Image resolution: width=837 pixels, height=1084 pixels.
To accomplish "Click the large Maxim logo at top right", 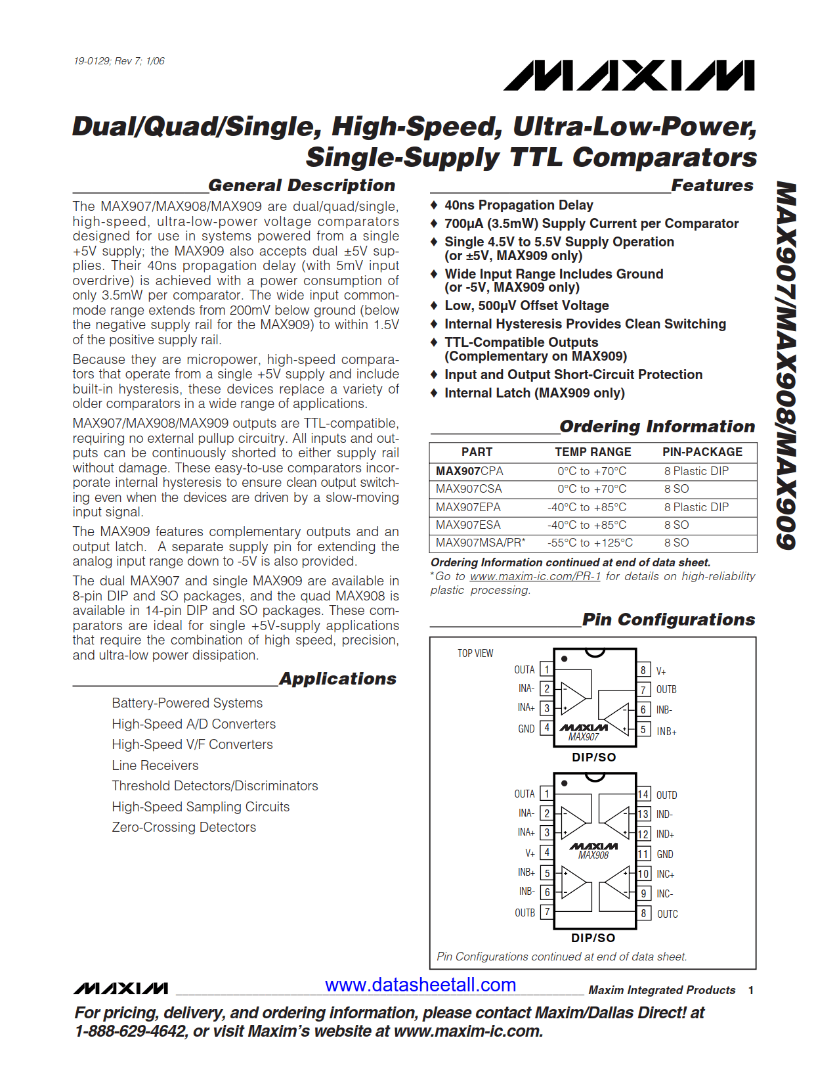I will [x=629, y=76].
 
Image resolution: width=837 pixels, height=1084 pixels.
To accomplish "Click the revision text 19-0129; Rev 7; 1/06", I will [x=119, y=61].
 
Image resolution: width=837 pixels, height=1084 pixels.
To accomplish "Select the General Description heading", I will [x=301, y=185].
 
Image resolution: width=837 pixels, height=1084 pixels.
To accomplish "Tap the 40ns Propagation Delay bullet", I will [x=518, y=205].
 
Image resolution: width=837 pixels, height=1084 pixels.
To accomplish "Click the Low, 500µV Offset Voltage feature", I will [x=526, y=305].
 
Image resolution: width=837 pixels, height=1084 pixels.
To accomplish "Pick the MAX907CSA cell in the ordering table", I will [x=469, y=489].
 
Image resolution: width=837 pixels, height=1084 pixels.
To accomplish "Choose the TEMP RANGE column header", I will [x=593, y=452].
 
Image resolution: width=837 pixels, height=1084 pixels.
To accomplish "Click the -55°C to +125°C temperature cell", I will [x=590, y=543].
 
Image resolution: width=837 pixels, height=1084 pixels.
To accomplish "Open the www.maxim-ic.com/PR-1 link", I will [x=535, y=576].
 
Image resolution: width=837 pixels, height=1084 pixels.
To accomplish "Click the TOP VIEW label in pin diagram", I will [x=475, y=653].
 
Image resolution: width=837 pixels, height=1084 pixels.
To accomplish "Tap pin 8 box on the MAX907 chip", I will [x=643, y=670].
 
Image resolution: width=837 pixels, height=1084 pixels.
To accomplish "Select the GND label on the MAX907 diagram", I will [x=526, y=729].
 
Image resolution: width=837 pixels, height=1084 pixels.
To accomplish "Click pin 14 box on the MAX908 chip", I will [x=643, y=794].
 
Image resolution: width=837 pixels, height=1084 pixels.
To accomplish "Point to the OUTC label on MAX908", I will [x=667, y=914].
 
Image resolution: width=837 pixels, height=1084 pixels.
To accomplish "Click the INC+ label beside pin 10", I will [x=665, y=874].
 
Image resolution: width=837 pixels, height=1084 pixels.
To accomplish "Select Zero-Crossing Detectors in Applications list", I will [x=184, y=827].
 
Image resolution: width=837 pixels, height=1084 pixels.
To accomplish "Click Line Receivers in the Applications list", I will [x=155, y=765].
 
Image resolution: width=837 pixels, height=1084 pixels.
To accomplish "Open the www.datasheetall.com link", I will [x=420, y=985].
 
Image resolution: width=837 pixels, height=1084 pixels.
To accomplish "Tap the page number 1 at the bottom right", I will [x=750, y=990].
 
